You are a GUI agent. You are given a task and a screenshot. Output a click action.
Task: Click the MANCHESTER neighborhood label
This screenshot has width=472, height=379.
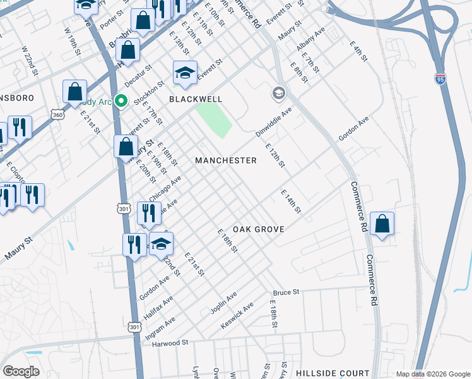[225, 160]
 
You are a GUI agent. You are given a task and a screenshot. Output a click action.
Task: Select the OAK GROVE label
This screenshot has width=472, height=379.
[259, 229]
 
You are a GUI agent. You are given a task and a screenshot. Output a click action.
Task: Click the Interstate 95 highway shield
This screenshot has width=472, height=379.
[440, 78]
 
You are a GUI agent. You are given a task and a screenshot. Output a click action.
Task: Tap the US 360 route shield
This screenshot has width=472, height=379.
[57, 116]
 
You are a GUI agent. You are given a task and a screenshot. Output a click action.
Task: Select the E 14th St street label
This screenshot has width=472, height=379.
[291, 202]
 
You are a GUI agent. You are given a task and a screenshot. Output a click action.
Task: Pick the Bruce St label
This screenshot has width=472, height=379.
[285, 293]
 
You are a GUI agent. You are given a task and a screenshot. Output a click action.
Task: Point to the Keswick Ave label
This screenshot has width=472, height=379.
[237, 315]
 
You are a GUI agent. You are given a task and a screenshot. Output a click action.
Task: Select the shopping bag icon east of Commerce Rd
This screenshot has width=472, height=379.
[382, 224]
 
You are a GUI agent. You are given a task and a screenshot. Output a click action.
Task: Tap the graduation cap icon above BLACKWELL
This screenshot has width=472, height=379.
[185, 73]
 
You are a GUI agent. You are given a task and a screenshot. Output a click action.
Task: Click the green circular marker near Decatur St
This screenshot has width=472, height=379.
[122, 100]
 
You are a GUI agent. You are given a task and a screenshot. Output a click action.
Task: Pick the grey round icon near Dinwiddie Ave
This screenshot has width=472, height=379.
[278, 94]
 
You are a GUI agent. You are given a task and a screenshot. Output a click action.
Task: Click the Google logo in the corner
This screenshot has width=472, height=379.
[21, 371]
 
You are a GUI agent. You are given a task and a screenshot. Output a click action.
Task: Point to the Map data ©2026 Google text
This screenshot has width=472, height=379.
[433, 374]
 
